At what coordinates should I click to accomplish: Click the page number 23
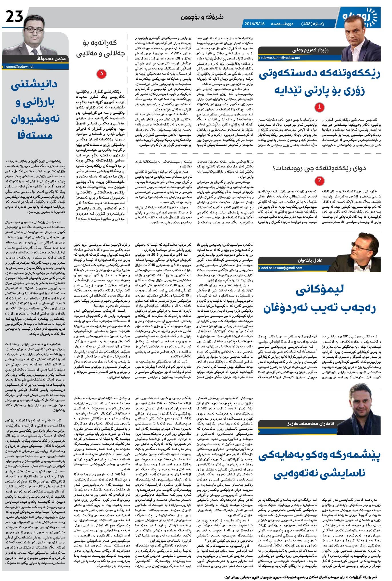[x=15, y=17]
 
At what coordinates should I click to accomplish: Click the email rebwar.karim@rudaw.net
[x=281, y=58]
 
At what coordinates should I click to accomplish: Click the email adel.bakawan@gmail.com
[x=281, y=268]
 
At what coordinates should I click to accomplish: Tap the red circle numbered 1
[x=319, y=107]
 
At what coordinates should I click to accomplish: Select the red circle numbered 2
[x=319, y=181]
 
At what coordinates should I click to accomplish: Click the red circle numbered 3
[x=101, y=74]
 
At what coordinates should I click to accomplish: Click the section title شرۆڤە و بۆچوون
[x=202, y=17]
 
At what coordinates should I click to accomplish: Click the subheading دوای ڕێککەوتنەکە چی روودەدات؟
[x=319, y=168]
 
